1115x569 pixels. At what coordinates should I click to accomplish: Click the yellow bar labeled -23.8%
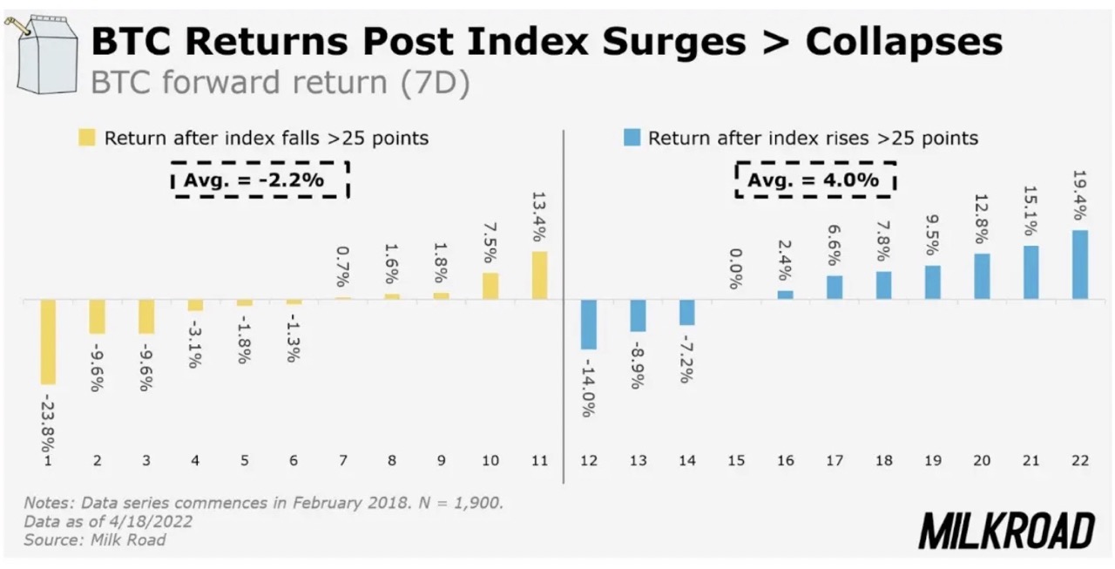point(48,342)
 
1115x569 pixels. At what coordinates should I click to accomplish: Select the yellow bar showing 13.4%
point(539,275)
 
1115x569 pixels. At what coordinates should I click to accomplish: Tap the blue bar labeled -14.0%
point(588,324)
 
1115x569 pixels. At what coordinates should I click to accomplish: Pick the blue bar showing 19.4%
point(1080,265)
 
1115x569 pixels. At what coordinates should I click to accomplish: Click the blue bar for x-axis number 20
point(982,276)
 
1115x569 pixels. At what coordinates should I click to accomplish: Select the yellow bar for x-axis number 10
point(490,286)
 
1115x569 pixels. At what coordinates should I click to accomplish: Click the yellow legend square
point(87,138)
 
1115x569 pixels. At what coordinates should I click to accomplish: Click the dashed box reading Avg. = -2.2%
point(260,180)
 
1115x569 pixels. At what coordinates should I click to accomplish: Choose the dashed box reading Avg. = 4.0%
point(815,180)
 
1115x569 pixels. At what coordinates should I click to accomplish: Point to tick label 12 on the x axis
point(588,462)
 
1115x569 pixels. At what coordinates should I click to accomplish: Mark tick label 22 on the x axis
point(1080,462)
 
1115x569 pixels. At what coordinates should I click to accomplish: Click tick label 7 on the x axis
point(342,462)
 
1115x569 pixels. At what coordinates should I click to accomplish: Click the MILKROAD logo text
point(1007,530)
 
